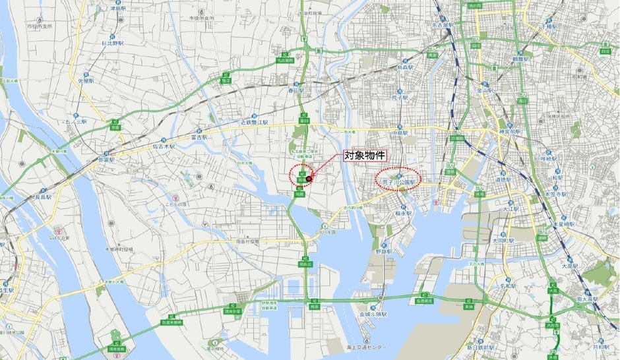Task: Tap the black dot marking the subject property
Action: click(309, 178)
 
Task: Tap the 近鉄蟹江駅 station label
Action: click(254, 123)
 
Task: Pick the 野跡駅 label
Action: click(384, 251)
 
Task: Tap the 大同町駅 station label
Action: click(504, 241)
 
